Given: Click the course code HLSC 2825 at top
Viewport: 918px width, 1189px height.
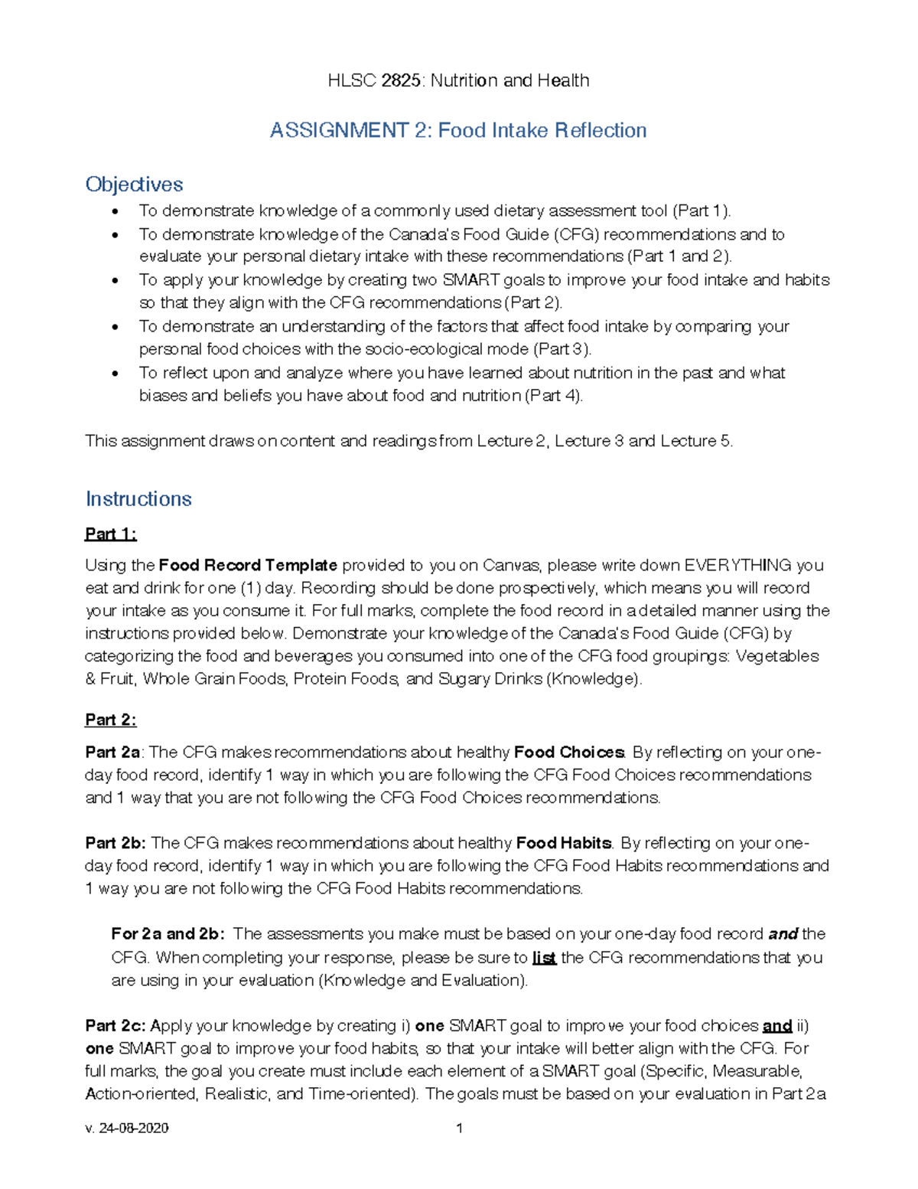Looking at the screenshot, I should (x=374, y=80).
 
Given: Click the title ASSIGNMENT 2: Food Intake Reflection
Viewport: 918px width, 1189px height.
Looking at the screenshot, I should (x=457, y=130).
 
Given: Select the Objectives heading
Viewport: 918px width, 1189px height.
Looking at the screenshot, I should (x=134, y=185).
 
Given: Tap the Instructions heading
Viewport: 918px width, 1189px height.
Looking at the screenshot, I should (x=138, y=499).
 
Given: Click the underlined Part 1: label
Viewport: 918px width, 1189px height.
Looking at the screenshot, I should (x=110, y=534).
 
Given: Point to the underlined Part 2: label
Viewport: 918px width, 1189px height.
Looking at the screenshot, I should (x=110, y=720).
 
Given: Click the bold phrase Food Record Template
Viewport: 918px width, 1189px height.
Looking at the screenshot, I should (x=248, y=565).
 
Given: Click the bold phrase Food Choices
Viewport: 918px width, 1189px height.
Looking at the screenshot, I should (x=569, y=752).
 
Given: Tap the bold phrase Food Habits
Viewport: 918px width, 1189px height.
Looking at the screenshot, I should (x=564, y=843).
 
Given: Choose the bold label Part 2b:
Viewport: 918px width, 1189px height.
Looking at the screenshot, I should (x=116, y=843).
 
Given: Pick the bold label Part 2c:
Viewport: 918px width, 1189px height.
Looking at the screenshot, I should (x=116, y=1025).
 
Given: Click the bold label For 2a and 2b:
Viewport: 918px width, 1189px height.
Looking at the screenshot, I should (x=168, y=934).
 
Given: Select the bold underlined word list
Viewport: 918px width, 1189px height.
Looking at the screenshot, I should (x=543, y=958).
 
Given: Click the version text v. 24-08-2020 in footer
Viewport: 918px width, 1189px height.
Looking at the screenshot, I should (x=127, y=1128).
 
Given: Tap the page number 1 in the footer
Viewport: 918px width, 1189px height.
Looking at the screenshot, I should (x=459, y=1128).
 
